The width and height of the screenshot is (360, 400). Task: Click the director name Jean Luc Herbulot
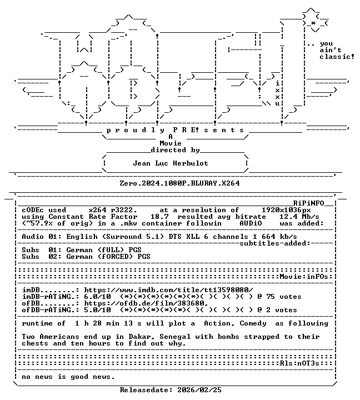[x=171, y=163]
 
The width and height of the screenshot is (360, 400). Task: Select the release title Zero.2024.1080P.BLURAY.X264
[x=179, y=183]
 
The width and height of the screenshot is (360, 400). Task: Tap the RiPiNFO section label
[x=308, y=203]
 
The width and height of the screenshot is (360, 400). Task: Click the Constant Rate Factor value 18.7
[x=159, y=217]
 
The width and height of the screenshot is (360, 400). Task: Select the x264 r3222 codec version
[x=113, y=210]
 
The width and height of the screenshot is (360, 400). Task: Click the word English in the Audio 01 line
[x=82, y=237]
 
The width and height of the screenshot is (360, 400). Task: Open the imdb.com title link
[x=169, y=290]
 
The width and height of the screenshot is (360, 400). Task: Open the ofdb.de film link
[x=146, y=303]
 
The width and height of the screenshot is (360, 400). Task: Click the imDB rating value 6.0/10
[x=97, y=297]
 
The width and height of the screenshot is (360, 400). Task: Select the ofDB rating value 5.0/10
[x=97, y=309]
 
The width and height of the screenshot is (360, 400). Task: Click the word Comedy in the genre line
[x=253, y=323]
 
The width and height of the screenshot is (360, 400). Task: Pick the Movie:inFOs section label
[x=304, y=277]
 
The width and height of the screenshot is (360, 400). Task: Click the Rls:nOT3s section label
[x=299, y=363]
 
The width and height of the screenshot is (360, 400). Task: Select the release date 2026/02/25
[x=199, y=390]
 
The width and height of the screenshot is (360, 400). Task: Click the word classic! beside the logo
[x=337, y=57]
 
